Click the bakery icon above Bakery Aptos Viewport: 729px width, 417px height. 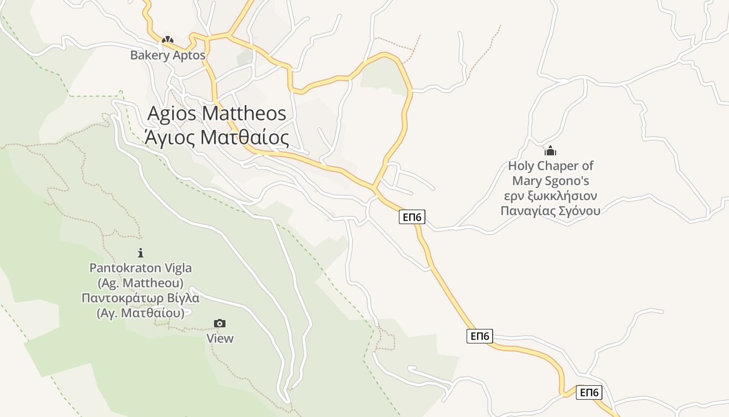tap(167, 40)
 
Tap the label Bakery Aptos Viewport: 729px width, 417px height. tap(168, 55)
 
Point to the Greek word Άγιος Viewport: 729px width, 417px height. tap(170, 138)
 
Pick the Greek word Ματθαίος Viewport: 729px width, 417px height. tap(245, 138)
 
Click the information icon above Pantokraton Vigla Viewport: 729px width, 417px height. tap(141, 253)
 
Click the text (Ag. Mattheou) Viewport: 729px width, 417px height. tap(141, 283)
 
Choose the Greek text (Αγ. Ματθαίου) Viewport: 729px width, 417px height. tap(141, 313)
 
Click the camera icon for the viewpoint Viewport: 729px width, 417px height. tap(220, 324)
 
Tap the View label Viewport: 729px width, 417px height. tap(220, 338)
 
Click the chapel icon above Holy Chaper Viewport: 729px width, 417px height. tap(550, 151)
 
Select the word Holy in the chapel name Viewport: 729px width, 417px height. tap(521, 166)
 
